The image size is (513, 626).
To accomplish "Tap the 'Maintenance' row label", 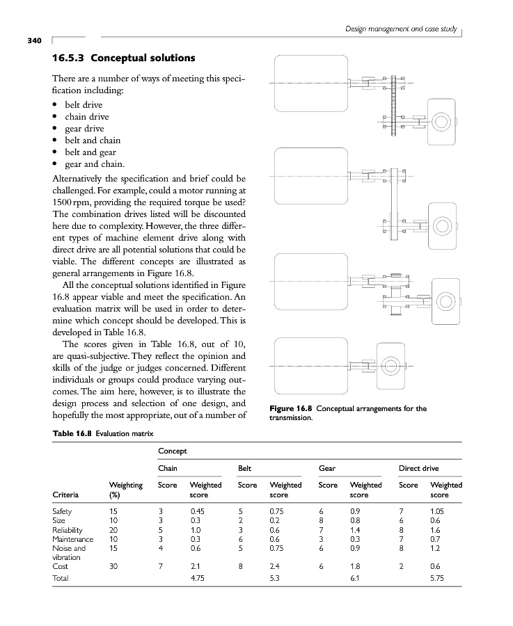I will [x=73, y=539].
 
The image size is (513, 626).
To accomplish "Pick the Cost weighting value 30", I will [x=114, y=566].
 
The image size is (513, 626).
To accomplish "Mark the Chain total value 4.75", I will [x=198, y=578].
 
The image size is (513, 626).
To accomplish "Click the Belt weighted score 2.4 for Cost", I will [x=275, y=566].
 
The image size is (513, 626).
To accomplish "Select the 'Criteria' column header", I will [x=68, y=495].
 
